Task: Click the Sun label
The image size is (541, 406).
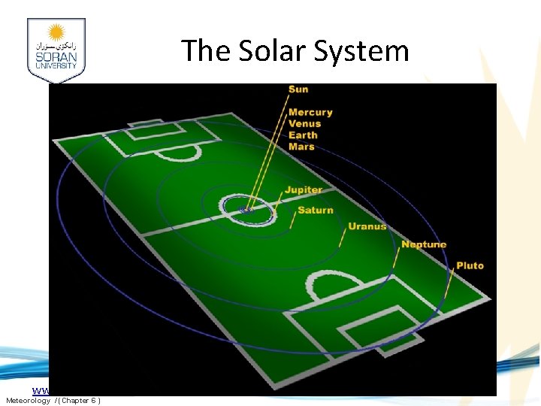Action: tap(298, 89)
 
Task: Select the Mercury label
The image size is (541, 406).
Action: tap(310, 112)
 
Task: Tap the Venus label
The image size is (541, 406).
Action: tap(304, 123)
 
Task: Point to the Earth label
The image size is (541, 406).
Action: tap(303, 135)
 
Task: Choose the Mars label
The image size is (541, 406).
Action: tap(301, 147)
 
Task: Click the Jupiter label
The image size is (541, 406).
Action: tap(303, 190)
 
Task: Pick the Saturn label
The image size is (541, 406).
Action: tap(316, 210)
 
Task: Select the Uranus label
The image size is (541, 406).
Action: tap(367, 226)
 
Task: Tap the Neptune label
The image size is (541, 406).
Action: tap(424, 244)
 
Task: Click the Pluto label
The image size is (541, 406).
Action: tap(470, 265)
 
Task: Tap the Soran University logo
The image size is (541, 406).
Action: tap(56, 50)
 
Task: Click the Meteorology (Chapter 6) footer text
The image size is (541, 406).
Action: tap(53, 400)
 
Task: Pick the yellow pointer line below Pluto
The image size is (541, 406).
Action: tap(449, 284)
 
